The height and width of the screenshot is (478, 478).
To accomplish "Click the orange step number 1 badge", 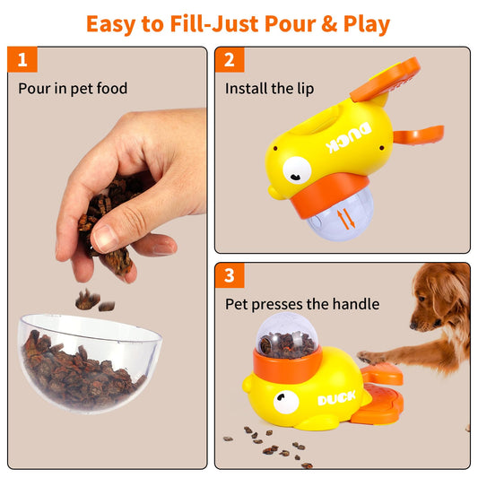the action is coord(22,59).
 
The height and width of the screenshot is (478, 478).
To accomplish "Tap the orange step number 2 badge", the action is coord(230,60).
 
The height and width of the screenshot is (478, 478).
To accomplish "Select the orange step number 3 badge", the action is coord(230,275).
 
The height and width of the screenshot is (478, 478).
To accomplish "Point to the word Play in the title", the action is coord(367,25).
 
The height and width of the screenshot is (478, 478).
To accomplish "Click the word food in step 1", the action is coord(112,89).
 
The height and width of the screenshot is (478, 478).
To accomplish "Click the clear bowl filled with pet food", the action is coord(90,363).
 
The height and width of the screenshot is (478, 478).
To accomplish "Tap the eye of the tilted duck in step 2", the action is coord(297,170).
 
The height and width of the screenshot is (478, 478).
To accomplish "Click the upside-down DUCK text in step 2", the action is coord(349,137).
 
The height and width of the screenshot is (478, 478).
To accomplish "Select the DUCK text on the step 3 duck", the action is coord(336,398).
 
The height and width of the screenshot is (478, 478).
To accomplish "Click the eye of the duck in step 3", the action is coord(286,402).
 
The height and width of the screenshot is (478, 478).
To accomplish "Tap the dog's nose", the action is coord(413,326).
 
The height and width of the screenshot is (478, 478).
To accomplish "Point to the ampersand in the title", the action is coord(329,24).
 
